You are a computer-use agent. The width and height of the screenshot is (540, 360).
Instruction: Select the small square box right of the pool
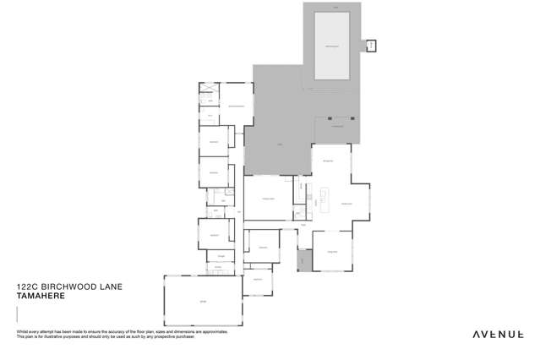(x=371, y=45)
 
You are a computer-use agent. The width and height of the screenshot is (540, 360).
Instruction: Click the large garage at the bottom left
(x=202, y=302)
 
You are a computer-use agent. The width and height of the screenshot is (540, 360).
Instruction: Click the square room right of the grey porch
(x=331, y=250)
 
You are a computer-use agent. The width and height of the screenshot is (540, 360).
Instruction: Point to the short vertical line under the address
(x=18, y=314)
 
